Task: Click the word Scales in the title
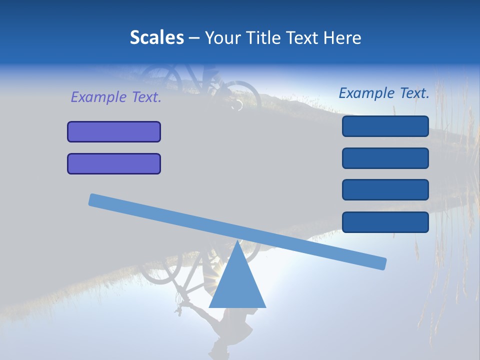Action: [x=156, y=37]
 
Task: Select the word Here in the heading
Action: [x=342, y=37]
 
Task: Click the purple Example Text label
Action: [x=116, y=97]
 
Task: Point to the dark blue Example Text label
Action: [x=384, y=93]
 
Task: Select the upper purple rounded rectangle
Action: [x=114, y=131]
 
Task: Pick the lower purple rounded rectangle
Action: [x=114, y=163]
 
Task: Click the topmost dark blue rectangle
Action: [x=385, y=126]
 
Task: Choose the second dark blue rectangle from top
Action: [x=385, y=158]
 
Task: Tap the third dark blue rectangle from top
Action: [x=385, y=190]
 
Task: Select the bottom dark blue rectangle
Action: [x=385, y=222]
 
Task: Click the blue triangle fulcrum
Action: [x=237, y=282]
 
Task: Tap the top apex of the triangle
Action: [x=237, y=241]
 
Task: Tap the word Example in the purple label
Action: [x=99, y=97]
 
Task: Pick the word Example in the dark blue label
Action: [x=367, y=93]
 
